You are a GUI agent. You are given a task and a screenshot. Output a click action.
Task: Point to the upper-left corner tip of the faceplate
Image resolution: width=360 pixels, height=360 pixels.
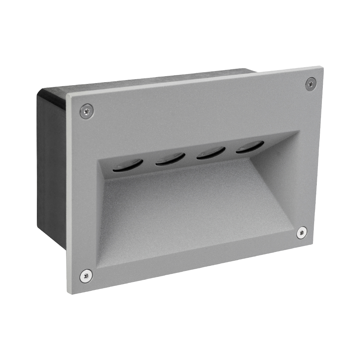(x=67, y=94)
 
